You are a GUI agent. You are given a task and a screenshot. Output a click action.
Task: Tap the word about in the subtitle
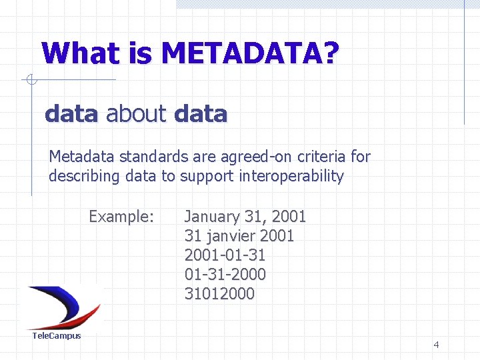pyautogui.click(x=136, y=114)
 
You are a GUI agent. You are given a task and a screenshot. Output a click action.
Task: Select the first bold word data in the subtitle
pyautogui.click(x=71, y=114)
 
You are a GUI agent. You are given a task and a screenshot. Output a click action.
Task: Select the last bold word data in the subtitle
pyautogui.click(x=200, y=114)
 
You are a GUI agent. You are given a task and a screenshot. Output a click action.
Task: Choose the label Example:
pyautogui.click(x=121, y=217)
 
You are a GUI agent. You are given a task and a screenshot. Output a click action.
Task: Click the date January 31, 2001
pyautogui.click(x=245, y=217)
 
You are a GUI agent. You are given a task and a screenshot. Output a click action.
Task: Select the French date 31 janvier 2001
pyautogui.click(x=239, y=236)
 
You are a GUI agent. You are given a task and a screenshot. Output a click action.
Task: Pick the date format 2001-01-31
pyautogui.click(x=225, y=255)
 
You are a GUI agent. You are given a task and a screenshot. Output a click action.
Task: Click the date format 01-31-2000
pyautogui.click(x=225, y=275)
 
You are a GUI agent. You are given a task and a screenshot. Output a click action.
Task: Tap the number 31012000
pyautogui.click(x=219, y=294)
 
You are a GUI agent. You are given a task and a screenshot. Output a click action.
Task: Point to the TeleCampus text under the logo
pyautogui.click(x=57, y=336)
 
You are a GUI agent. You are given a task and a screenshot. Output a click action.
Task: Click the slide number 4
pyautogui.click(x=436, y=345)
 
